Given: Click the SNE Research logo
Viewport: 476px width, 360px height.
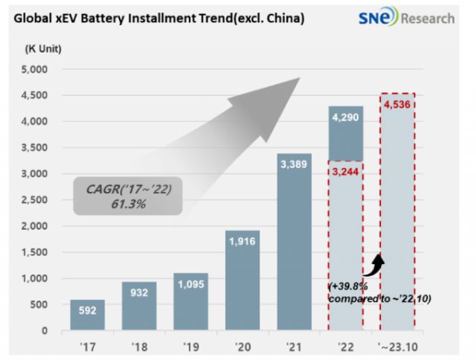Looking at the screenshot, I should click(416, 17).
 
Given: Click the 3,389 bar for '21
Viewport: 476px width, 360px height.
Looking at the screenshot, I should click(295, 242).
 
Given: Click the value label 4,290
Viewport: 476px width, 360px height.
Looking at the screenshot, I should click(346, 117).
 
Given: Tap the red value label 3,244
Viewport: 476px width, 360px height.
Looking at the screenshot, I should click(346, 171).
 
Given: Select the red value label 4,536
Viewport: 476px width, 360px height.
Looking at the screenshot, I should click(398, 104).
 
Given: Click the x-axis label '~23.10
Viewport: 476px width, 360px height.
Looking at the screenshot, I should click(397, 346).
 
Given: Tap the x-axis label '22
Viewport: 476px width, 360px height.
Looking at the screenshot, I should click(346, 346).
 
